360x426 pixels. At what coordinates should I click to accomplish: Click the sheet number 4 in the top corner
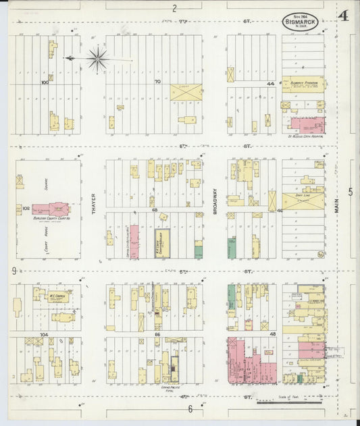(x=343, y=16)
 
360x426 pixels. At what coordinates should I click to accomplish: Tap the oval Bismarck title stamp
(x=301, y=20)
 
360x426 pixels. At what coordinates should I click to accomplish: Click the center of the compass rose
(x=98, y=59)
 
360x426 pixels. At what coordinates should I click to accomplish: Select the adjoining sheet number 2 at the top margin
(x=174, y=8)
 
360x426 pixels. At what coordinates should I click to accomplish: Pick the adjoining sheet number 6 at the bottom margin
(x=190, y=408)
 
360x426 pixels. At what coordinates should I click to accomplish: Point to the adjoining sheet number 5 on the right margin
(x=350, y=192)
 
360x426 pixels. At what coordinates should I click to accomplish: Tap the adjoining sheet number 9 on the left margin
(x=14, y=271)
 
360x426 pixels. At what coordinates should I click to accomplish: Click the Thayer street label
(x=93, y=201)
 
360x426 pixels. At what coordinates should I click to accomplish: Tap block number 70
(x=157, y=82)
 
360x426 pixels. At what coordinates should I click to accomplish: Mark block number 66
(x=156, y=334)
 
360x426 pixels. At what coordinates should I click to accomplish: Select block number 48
(x=274, y=334)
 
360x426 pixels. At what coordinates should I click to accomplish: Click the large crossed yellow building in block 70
(x=186, y=92)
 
